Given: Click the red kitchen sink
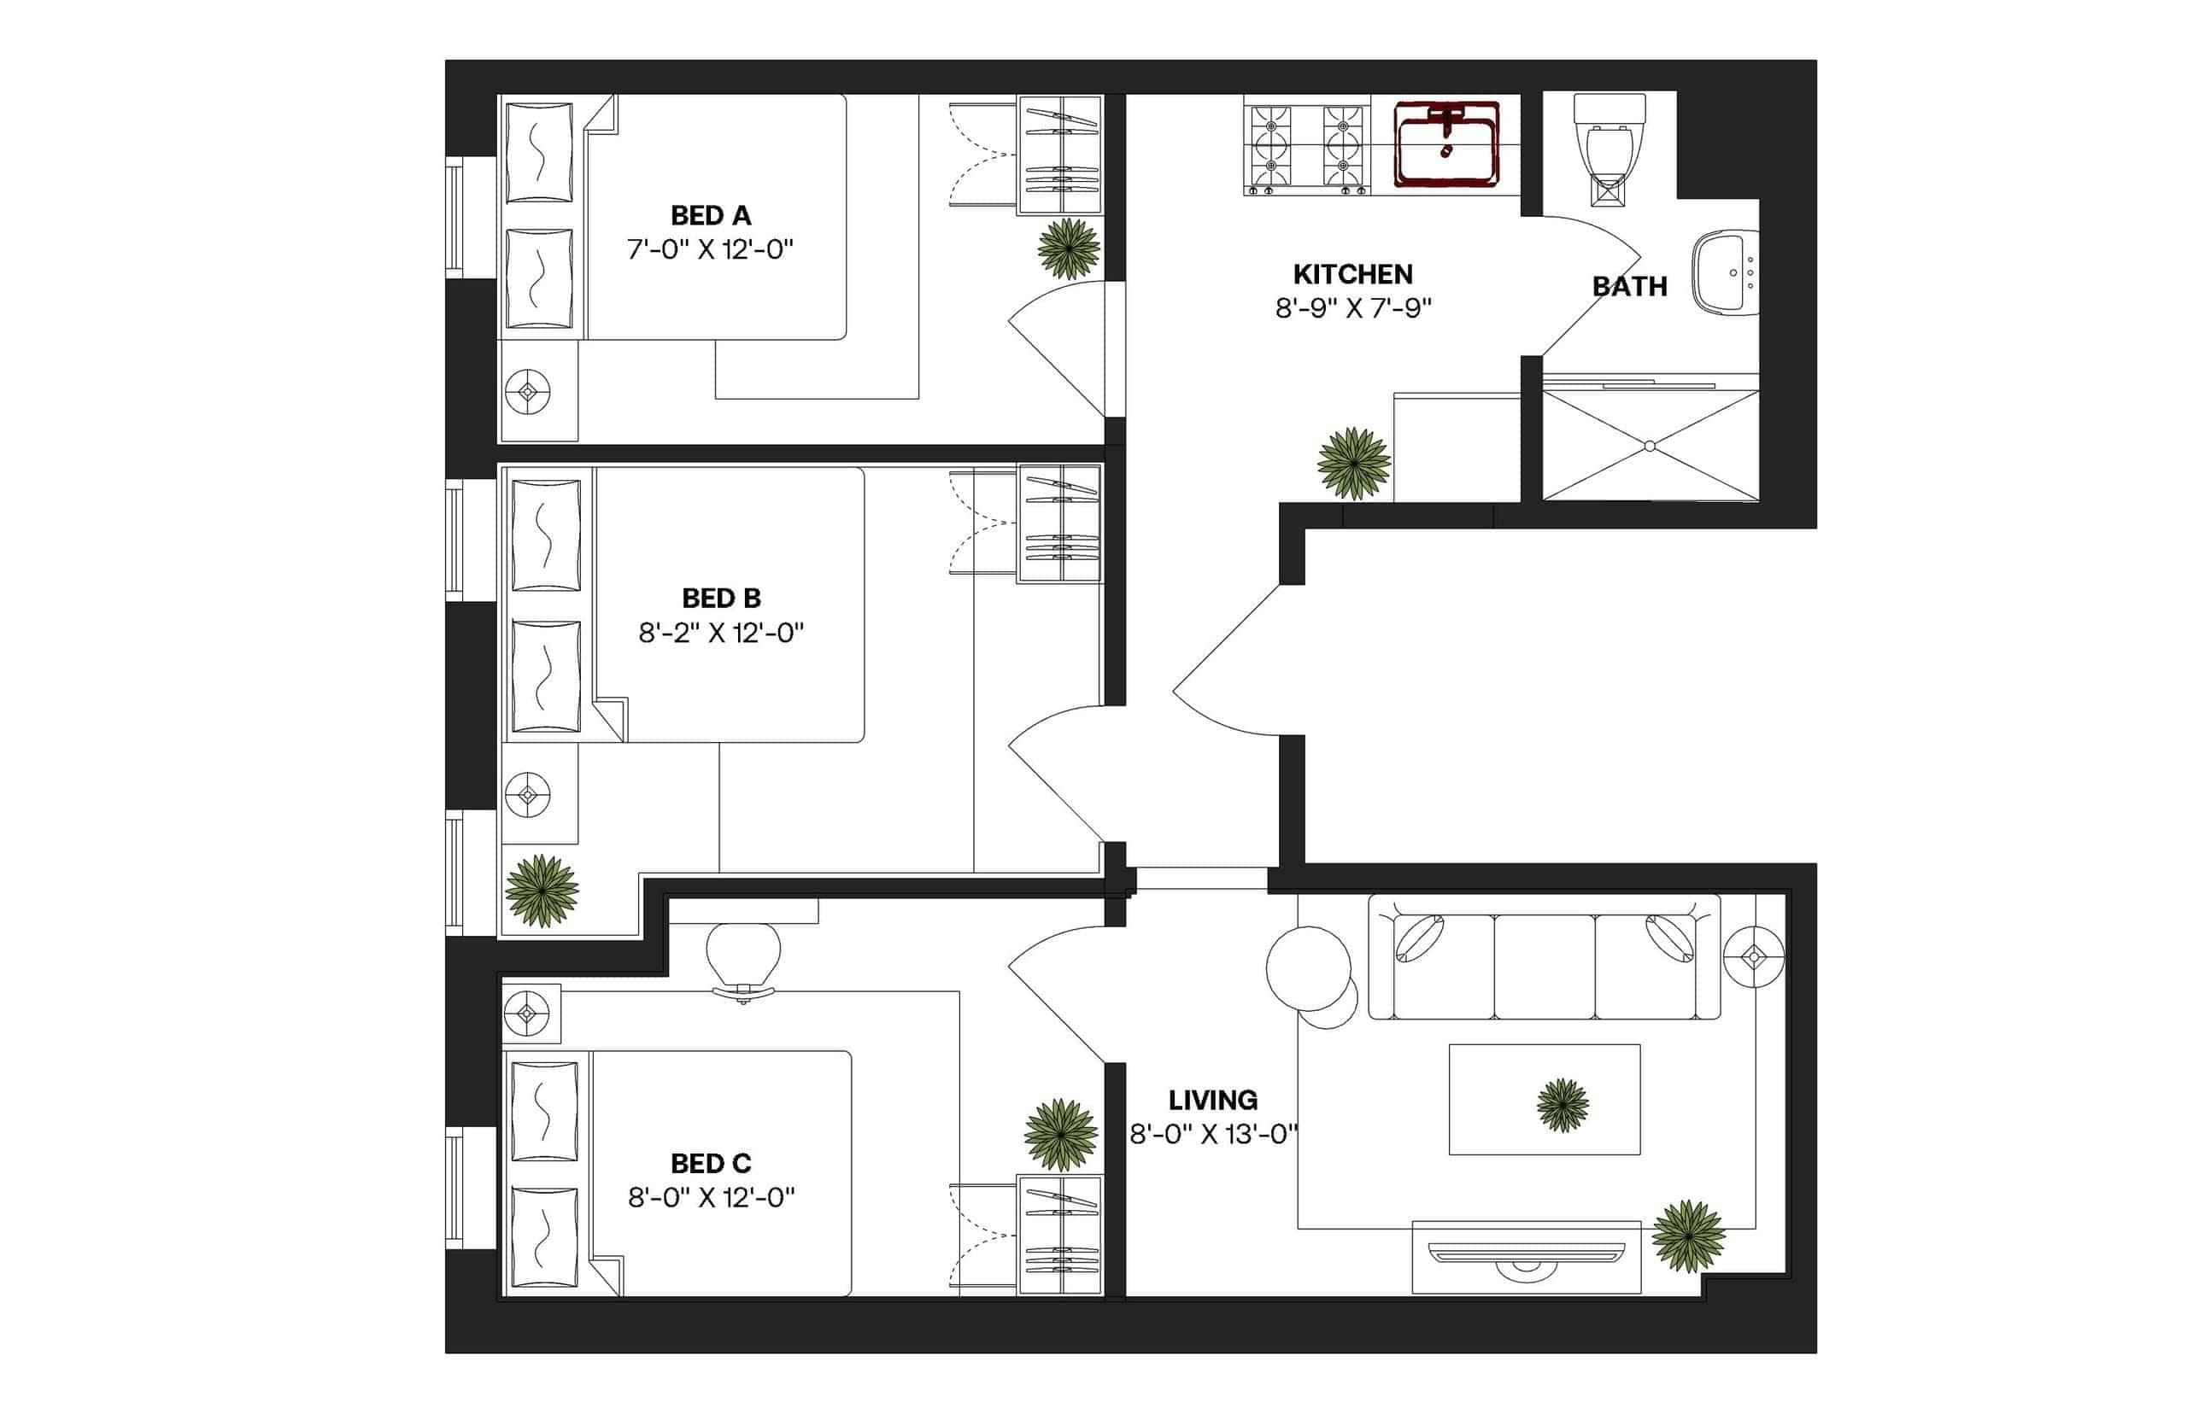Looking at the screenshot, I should tap(1445, 144).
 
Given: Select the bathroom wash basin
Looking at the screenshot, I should tap(1723, 272).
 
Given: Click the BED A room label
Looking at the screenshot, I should tap(710, 216).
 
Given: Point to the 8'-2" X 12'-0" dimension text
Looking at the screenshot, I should tap(720, 633).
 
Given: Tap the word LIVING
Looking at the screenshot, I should tap(1212, 1100).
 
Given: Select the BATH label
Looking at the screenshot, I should tap(1628, 287).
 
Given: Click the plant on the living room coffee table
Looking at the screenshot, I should tap(1562, 1106).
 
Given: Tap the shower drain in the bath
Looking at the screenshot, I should tap(1649, 447).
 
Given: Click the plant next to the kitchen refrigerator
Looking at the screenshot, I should tap(1352, 464).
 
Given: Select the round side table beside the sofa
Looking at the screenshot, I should tap(1308, 968).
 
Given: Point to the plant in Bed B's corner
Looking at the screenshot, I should tap(542, 890).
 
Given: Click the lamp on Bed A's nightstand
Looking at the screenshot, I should tap(528, 392).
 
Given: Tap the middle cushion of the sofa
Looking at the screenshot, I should tap(1543, 966).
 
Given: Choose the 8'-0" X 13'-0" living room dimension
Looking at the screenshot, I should tap(1212, 1135).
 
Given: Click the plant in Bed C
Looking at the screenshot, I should tap(1060, 1135).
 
